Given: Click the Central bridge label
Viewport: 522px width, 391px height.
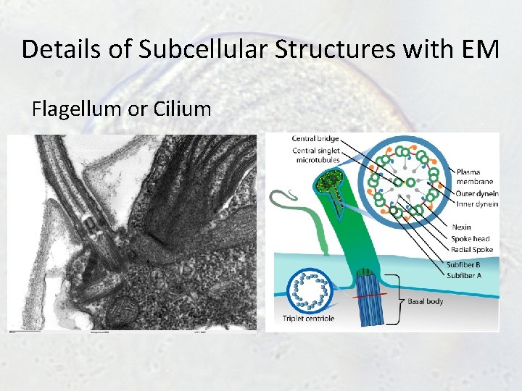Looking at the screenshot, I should pyautogui.click(x=315, y=139).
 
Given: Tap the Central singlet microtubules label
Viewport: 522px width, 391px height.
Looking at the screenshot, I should pyautogui.click(x=315, y=156).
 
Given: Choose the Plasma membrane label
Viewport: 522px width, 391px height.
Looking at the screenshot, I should pyautogui.click(x=474, y=176).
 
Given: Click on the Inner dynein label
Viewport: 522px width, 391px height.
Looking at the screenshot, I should pyautogui.click(x=476, y=203).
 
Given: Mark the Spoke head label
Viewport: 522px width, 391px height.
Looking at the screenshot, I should pyautogui.click(x=471, y=238).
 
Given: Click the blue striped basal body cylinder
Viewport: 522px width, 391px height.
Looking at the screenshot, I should pyautogui.click(x=369, y=304).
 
